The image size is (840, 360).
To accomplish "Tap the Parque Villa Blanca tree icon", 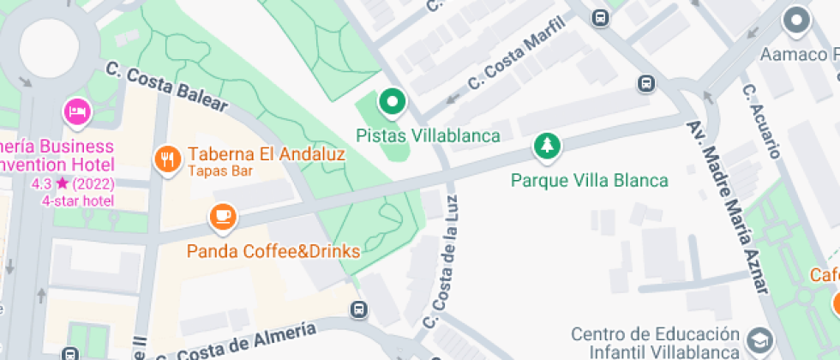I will pyautogui.click(x=546, y=147).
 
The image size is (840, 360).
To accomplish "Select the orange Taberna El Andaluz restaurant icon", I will pyautogui.click(x=166, y=158).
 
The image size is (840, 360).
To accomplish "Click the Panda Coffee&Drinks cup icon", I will pyautogui.click(x=223, y=216).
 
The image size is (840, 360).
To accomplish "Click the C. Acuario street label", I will pyautogui.click(x=762, y=121).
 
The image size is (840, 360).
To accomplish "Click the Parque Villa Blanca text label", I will pyautogui.click(x=589, y=181).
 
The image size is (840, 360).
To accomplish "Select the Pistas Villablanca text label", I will pyautogui.click(x=428, y=135).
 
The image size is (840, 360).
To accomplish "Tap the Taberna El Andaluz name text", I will pyautogui.click(x=266, y=155).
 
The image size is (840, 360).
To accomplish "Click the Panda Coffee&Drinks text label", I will pyautogui.click(x=273, y=252).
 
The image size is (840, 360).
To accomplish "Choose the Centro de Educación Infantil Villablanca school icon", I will pyautogui.click(x=759, y=341).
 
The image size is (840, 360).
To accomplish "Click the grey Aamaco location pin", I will pyautogui.click(x=797, y=20).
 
